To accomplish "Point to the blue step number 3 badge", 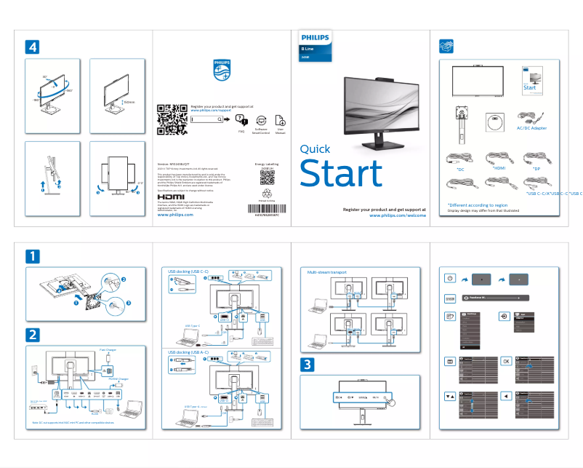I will click(309, 364).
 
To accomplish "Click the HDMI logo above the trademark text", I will click(172, 197).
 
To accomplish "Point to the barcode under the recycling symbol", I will click(267, 211).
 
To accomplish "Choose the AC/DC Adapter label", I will click(531, 127).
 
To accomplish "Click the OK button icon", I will click(507, 361).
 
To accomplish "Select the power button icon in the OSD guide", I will click(451, 279).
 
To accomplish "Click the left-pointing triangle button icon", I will click(507, 397).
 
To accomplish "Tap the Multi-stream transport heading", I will click(326, 271).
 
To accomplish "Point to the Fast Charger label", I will click(107, 349).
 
